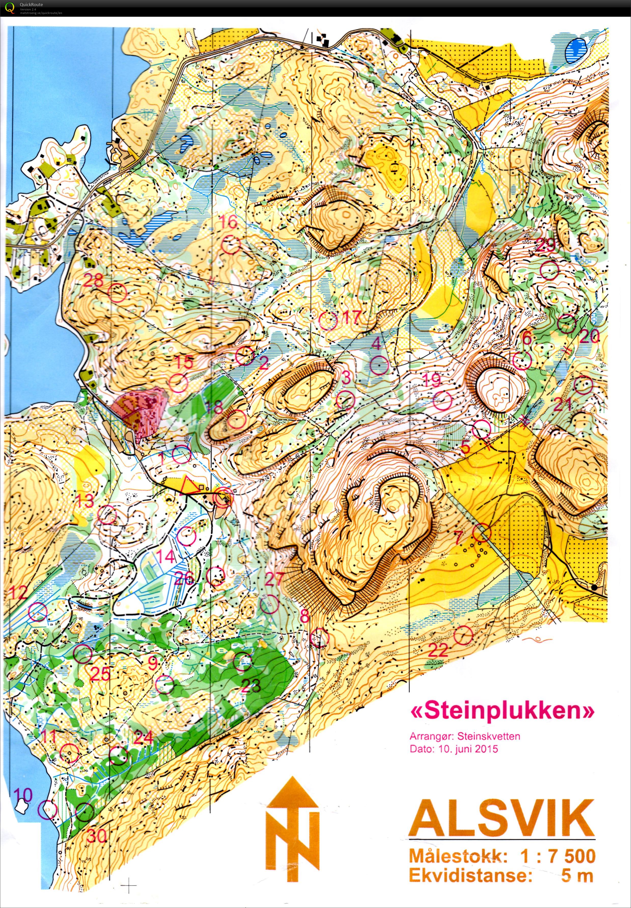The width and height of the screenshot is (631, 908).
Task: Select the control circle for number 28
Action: (x=117, y=293)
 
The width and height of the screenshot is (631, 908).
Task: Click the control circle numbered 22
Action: (x=463, y=635)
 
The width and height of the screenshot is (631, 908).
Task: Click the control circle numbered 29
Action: (x=550, y=271)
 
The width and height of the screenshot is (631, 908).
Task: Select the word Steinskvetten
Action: (x=489, y=736)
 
